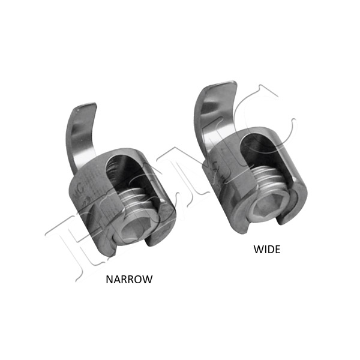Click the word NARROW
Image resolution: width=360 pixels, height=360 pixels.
129,279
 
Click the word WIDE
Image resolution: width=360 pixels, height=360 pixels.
267,250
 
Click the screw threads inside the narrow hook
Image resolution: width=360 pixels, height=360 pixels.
135,199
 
